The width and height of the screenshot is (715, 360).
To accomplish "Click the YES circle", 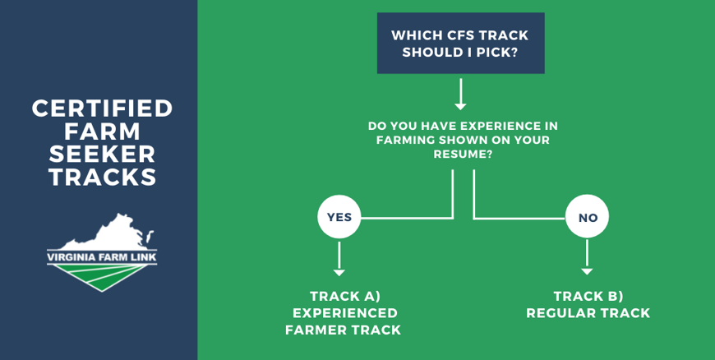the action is pos(339,217).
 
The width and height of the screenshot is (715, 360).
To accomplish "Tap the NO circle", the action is pos(587,217).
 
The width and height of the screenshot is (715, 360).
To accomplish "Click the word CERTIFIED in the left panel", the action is pos(102,108).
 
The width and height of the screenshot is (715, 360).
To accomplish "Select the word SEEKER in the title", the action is pos(102,155).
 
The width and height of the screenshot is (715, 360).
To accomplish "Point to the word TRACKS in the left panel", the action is pos(102,177).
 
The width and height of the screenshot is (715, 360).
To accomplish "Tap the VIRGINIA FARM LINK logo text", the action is pos(102,257).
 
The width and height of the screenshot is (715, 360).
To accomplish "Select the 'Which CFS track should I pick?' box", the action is pos(460,43).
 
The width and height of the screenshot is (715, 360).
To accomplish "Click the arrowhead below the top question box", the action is pos(460,106).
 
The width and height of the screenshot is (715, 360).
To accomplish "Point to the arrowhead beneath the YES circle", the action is pos(339,272).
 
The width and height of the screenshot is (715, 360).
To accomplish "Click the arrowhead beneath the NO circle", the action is pos(587,271).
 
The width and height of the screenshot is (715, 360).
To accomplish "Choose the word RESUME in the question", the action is pos(460,155).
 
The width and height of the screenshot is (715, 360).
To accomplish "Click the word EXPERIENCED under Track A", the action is pos(344,313).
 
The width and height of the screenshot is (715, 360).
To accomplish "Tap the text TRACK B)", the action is pos(588,297).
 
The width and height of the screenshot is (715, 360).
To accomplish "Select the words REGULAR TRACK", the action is pos(588,313).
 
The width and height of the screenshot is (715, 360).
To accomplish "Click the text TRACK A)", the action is pos(344,297).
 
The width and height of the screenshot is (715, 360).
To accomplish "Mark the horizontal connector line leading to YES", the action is pos(407,218).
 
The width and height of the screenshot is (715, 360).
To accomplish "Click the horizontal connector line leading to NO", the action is pos(519,219).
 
